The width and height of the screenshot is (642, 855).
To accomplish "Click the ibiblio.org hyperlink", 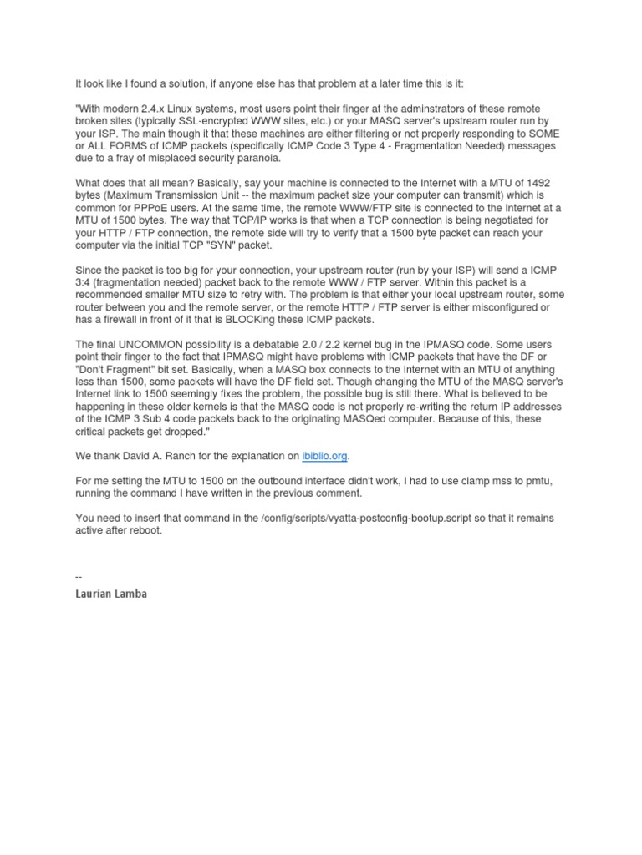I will pyautogui.click(x=324, y=457).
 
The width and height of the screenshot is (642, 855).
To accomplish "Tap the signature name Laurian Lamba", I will pyautogui.click(x=111, y=594).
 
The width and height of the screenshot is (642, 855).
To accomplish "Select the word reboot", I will pyautogui.click(x=148, y=530).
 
